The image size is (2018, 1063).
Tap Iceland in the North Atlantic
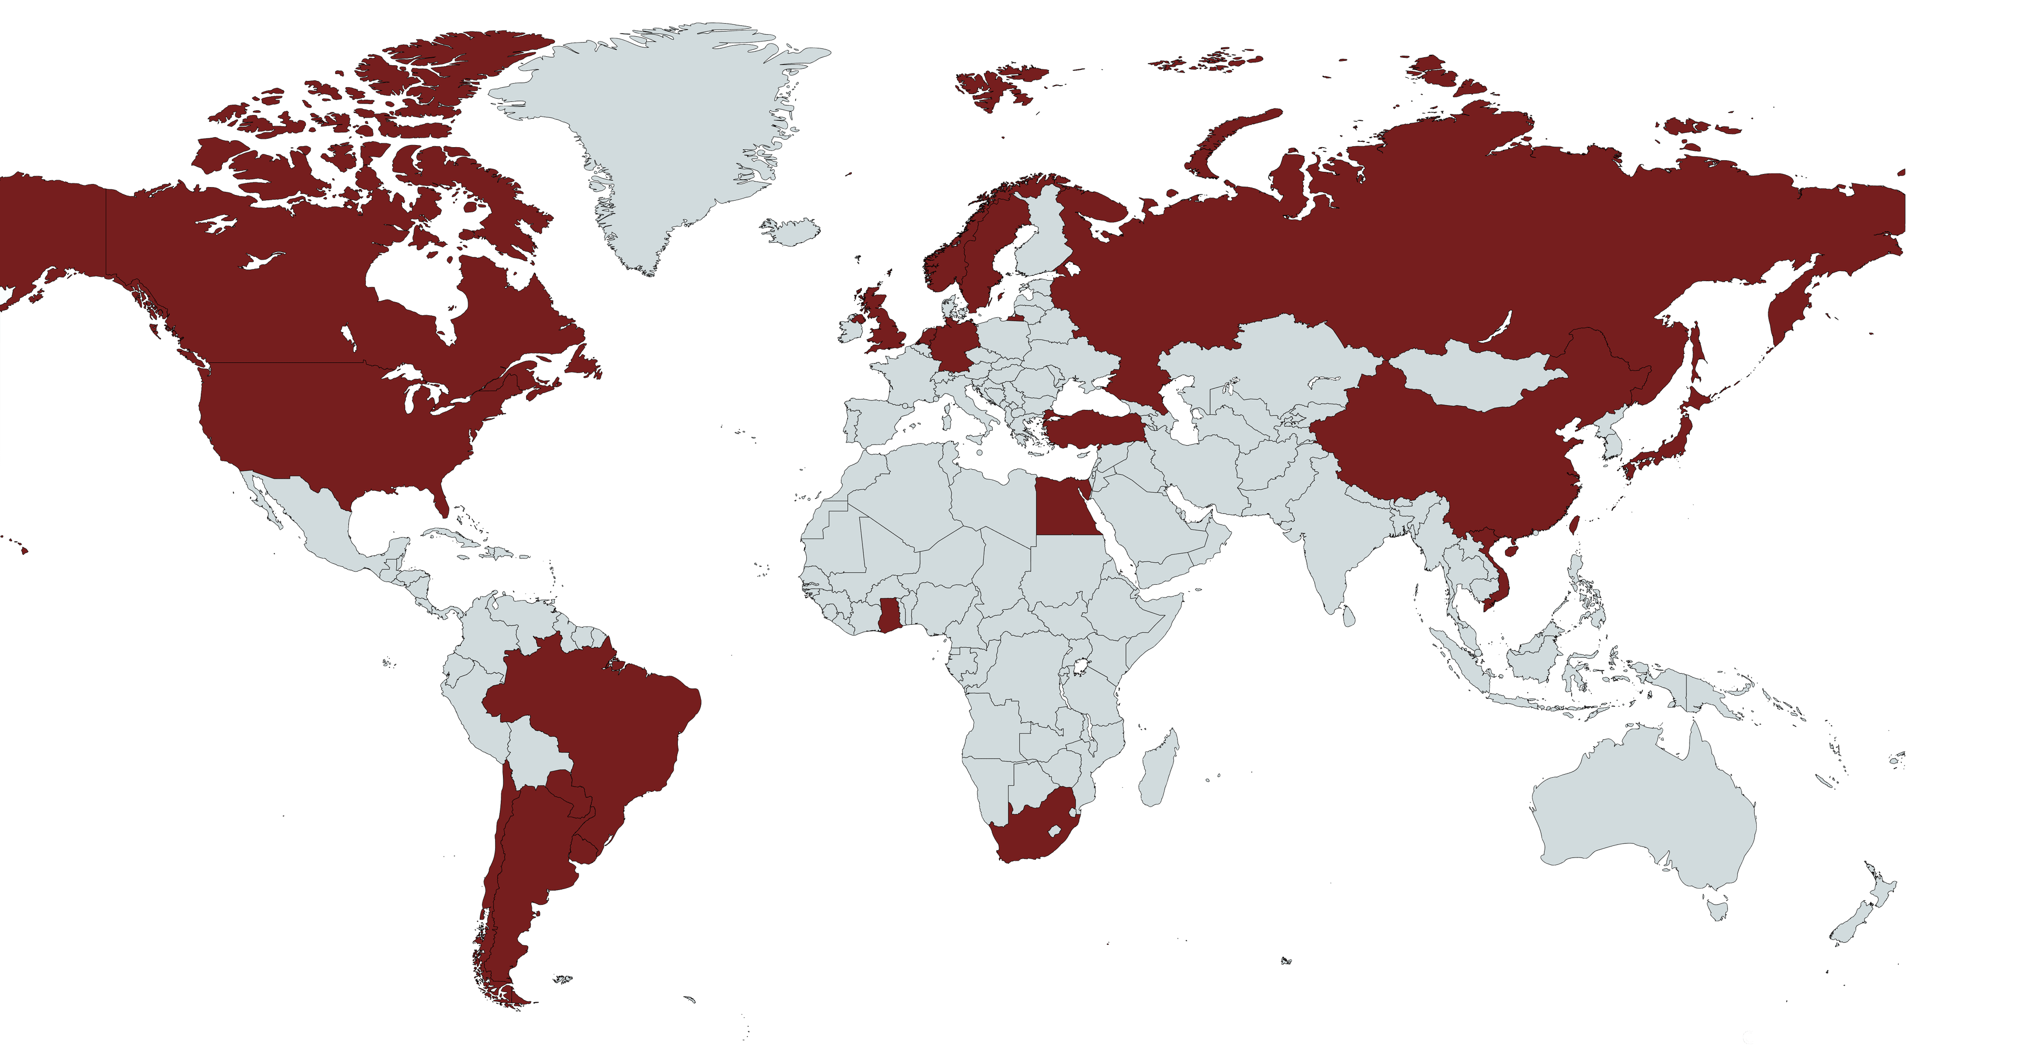pos(791,232)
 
